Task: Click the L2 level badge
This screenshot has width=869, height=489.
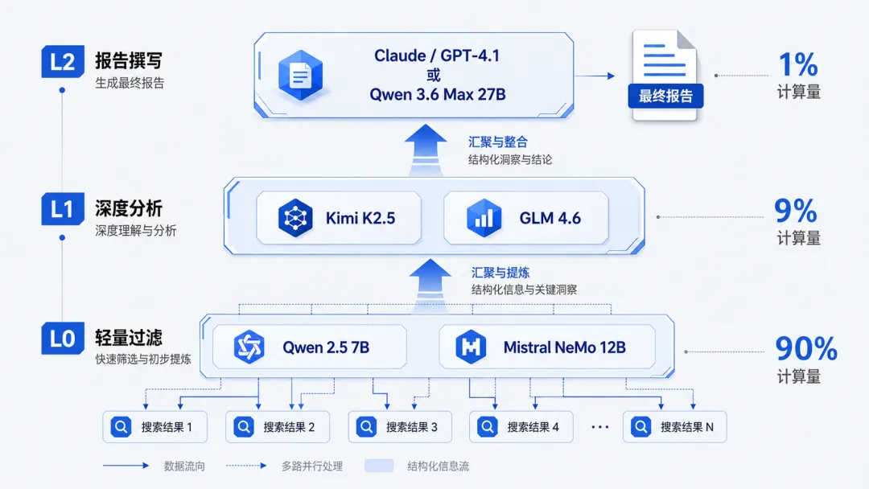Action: pyautogui.click(x=63, y=61)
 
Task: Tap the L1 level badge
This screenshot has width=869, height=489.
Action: pyautogui.click(x=63, y=209)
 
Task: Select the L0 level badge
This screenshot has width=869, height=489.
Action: pyautogui.click(x=63, y=338)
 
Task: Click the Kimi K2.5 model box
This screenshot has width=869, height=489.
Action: pyautogui.click(x=339, y=218)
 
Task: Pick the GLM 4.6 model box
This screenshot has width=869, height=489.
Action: pyautogui.click(x=526, y=218)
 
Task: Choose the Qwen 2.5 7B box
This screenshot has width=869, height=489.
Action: pyautogui.click(x=309, y=347)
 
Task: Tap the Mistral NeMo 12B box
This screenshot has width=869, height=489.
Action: pyautogui.click(x=547, y=347)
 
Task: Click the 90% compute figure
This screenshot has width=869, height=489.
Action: pyautogui.click(x=805, y=348)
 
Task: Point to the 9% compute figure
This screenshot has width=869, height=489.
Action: pyautogui.click(x=796, y=211)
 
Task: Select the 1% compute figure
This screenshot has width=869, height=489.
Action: pyautogui.click(x=798, y=64)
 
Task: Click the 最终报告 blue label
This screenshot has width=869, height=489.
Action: pyautogui.click(x=665, y=96)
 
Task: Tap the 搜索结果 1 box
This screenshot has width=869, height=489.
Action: pyautogui.click(x=154, y=426)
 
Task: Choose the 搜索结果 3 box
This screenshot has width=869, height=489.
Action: pyautogui.click(x=400, y=426)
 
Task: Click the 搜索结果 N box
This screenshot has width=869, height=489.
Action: pyautogui.click(x=674, y=426)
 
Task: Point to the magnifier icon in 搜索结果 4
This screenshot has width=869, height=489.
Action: pyautogui.click(x=487, y=426)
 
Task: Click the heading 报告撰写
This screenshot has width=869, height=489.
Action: pyautogui.click(x=129, y=60)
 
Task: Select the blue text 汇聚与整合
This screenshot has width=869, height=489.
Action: pyautogui.click(x=498, y=142)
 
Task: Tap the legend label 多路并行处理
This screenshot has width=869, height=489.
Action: pyautogui.click(x=312, y=466)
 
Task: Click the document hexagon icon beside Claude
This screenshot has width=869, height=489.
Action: pyautogui.click(x=300, y=76)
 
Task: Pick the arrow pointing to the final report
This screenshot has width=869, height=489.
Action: pyautogui.click(x=595, y=76)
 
